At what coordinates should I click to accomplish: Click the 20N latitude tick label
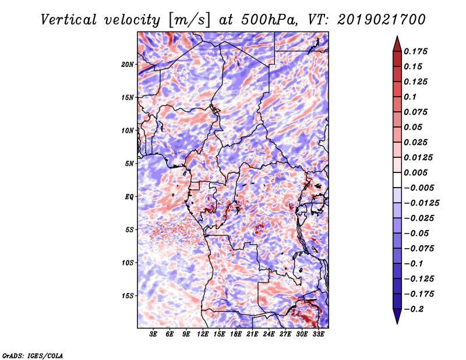(x=128, y=65)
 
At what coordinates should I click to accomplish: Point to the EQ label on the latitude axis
(x=129, y=197)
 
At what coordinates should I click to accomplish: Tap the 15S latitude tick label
(x=128, y=296)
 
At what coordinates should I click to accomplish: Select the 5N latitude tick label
(x=129, y=164)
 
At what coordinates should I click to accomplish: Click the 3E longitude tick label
(x=153, y=334)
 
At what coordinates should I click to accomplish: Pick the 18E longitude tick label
(x=236, y=334)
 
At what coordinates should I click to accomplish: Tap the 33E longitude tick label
(x=318, y=334)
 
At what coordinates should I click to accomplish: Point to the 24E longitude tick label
(x=269, y=334)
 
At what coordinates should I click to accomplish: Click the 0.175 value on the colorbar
(x=415, y=51)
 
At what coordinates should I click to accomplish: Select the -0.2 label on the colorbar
(x=414, y=309)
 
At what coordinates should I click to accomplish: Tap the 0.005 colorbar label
(x=415, y=172)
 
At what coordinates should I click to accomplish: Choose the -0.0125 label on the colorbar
(x=421, y=203)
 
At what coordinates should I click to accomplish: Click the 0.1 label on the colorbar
(x=410, y=97)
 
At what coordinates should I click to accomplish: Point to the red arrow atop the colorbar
(x=397, y=44)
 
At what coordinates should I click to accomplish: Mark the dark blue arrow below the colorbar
(x=397, y=316)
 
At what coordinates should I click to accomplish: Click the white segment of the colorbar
(x=397, y=180)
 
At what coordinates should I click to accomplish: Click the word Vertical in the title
(x=69, y=20)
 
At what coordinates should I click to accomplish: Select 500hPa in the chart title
(x=269, y=20)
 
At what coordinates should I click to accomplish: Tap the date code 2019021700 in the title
(x=382, y=20)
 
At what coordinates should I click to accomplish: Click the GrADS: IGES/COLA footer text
(x=33, y=355)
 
